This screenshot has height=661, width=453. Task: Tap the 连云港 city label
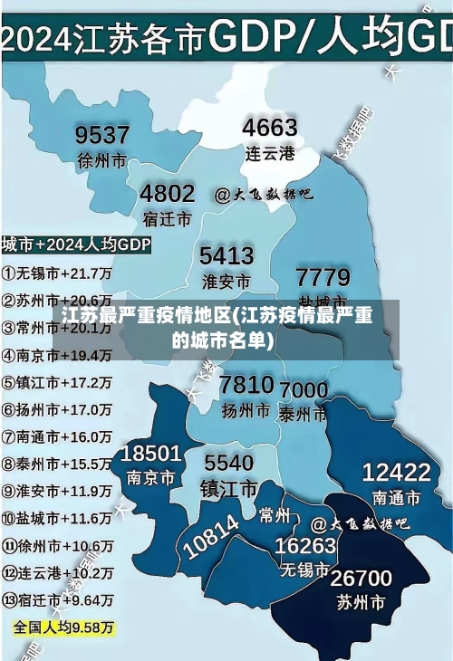click(270, 153)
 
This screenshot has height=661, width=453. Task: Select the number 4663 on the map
click(269, 128)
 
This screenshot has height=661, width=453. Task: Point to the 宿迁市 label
click(167, 218)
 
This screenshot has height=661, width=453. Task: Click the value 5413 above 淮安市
click(226, 254)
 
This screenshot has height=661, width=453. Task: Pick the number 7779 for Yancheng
click(323, 276)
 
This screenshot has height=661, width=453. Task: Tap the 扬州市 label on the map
click(246, 409)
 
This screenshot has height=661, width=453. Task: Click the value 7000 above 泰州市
click(304, 390)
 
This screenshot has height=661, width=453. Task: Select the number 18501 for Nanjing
click(151, 453)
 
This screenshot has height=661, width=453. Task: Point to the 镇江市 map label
click(228, 488)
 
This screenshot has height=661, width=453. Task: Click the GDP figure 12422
click(396, 472)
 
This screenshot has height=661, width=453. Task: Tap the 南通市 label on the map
click(396, 497)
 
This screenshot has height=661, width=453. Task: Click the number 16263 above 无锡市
click(305, 546)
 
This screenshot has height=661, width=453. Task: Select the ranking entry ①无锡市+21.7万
click(56, 272)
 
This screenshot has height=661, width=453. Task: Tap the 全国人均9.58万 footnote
click(63, 627)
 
